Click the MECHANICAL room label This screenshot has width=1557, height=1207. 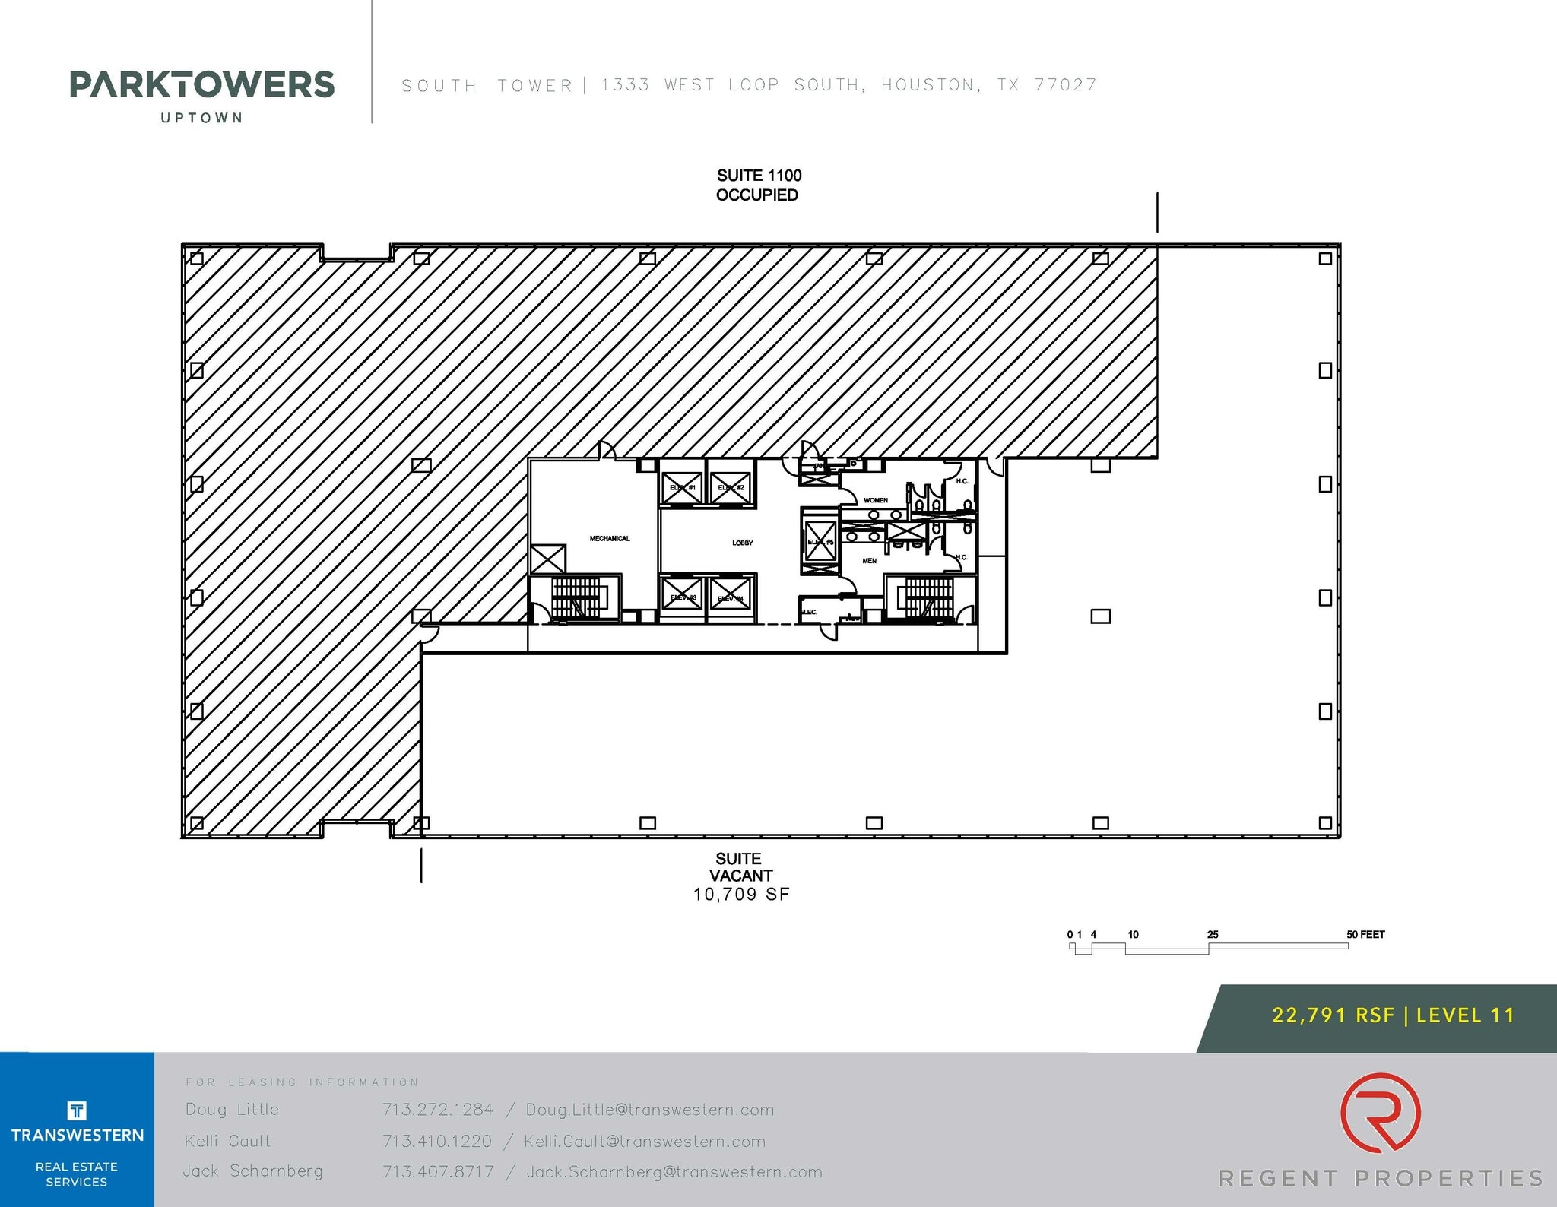point(610,539)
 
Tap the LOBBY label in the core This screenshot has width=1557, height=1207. point(743,543)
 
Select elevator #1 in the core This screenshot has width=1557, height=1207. point(682,487)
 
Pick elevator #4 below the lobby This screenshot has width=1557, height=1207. point(731,596)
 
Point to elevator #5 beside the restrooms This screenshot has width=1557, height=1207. point(820,540)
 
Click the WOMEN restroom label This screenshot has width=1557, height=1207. point(875,500)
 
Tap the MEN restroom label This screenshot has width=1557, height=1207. point(869,561)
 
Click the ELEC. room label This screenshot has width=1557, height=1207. point(809,612)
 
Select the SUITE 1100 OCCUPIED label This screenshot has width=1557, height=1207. point(758,185)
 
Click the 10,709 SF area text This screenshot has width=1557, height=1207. point(741,895)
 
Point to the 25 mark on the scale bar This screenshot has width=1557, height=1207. point(1213,934)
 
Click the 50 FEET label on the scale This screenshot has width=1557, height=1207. point(1365,934)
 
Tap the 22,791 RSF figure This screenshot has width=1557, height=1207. point(1333,1015)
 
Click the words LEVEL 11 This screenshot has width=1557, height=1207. point(1466,1015)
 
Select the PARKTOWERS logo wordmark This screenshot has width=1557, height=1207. point(201,84)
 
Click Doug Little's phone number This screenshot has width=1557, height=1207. point(438,1110)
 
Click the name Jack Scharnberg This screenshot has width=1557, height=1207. point(253,1171)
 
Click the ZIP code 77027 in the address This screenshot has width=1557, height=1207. point(1065,85)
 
